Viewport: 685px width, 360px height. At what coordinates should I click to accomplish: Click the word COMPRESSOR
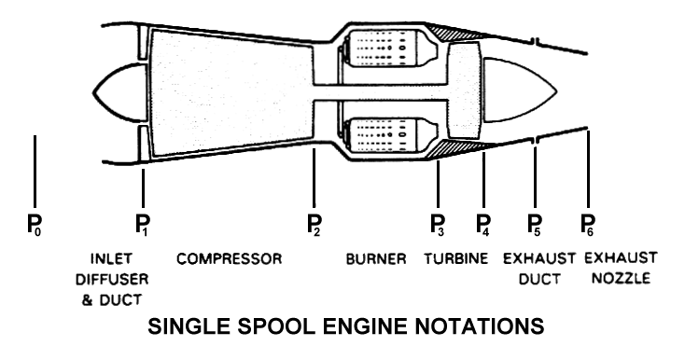click(x=229, y=258)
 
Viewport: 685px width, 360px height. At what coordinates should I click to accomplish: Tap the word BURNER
click(x=376, y=258)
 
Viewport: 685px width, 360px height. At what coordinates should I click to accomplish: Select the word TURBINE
click(x=454, y=258)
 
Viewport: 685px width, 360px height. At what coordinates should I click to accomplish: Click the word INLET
click(x=116, y=258)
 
